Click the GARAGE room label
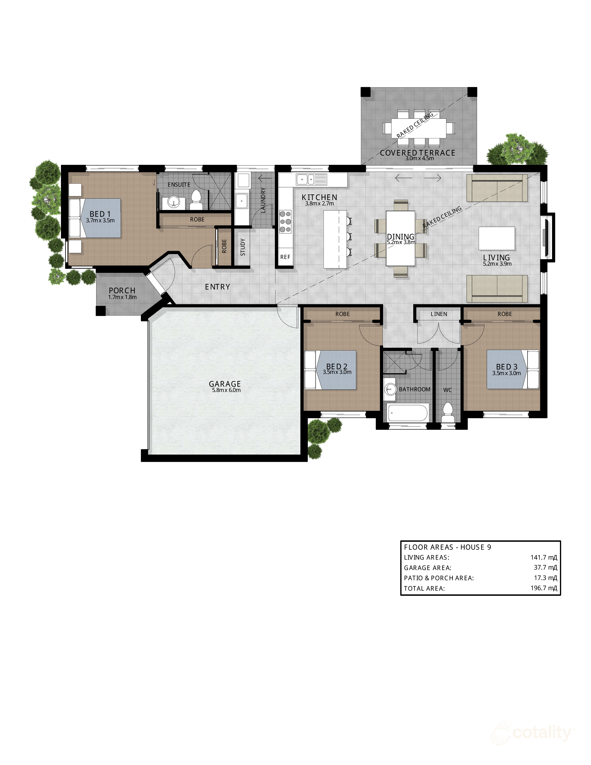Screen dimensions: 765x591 [225, 384]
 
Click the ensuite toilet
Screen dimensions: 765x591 [196, 200]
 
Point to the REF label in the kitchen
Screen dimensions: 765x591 [285, 257]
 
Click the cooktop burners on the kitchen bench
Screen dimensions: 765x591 [285, 222]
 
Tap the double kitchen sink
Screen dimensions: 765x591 [306, 180]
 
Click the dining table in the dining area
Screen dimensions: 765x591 [400, 238]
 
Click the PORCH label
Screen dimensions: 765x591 [122, 290]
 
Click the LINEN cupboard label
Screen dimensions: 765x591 [439, 314]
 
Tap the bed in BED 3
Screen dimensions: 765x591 [513, 370]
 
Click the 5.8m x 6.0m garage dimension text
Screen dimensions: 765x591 [226, 390]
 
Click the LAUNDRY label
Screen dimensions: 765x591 [263, 200]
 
